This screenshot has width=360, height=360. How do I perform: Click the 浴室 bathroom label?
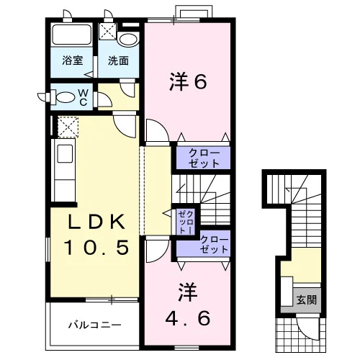(73, 60)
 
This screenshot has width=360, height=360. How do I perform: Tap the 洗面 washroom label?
(118, 61)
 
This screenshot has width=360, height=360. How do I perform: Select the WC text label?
(83, 98)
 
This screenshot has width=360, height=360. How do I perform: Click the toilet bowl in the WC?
(64, 98)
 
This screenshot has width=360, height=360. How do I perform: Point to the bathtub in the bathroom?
(72, 35)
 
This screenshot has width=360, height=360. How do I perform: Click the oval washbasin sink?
(128, 40)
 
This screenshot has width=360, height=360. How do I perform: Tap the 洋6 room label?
(188, 82)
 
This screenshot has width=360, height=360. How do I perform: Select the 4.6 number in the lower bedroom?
(188, 318)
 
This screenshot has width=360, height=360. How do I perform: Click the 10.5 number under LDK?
(96, 248)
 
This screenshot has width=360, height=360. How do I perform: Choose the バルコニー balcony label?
(95, 325)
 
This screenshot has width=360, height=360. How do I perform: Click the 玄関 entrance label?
(307, 300)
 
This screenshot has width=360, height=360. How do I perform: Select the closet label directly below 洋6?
(204, 158)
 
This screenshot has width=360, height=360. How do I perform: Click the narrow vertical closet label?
(186, 222)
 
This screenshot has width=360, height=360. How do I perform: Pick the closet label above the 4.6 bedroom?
(214, 244)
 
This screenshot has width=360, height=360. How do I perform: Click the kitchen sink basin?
(65, 153)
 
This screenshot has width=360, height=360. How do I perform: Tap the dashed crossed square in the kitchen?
(68, 127)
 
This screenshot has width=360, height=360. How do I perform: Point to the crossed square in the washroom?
(108, 31)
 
